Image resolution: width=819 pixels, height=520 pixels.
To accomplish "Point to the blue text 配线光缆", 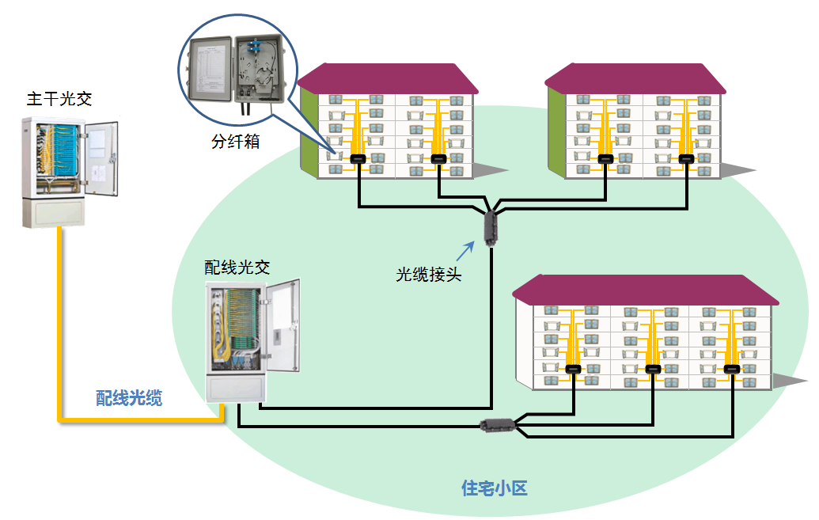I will [129, 398].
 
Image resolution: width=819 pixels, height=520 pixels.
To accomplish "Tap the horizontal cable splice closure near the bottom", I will [499, 426].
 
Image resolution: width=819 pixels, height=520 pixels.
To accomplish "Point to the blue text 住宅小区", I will [494, 488].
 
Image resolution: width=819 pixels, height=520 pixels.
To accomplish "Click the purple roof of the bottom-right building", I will [645, 290].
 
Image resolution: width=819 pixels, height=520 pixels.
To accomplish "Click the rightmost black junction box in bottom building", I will [734, 369].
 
